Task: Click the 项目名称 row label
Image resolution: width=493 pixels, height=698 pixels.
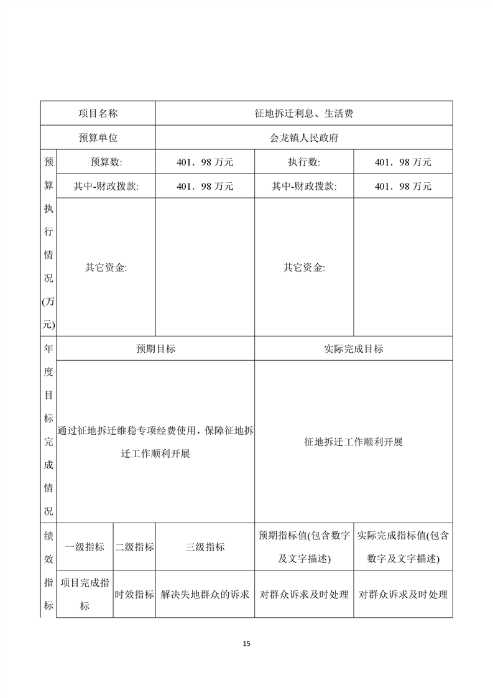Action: pyautogui.click(x=98, y=113)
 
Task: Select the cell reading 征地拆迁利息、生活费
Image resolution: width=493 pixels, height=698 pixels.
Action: pyautogui.click(x=304, y=113)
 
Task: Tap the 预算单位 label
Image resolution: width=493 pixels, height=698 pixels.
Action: pyautogui.click(x=98, y=137)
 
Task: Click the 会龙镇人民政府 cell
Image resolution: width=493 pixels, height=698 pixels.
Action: pyautogui.click(x=304, y=137)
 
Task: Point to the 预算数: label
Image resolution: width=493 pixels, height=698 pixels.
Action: pyautogui.click(x=106, y=162)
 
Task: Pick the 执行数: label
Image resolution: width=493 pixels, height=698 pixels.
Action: pyautogui.click(x=304, y=162)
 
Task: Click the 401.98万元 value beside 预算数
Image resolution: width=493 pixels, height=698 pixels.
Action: pyautogui.click(x=205, y=162)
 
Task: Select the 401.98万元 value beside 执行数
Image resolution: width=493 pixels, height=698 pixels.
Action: pyautogui.click(x=403, y=162)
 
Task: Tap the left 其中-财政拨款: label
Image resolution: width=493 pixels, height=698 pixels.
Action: pyautogui.click(x=106, y=186)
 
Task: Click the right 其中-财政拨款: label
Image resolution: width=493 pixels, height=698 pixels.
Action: pyautogui.click(x=304, y=186)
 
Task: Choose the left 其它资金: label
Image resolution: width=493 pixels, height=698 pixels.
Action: pyautogui.click(x=106, y=268)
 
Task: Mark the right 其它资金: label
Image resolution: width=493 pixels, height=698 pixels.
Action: pyautogui.click(x=304, y=268)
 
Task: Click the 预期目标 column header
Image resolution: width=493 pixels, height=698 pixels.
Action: pyautogui.click(x=155, y=348)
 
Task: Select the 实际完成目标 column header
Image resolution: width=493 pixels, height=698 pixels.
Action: pyautogui.click(x=354, y=348)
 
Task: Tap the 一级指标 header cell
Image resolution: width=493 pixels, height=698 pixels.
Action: pyautogui.click(x=85, y=547)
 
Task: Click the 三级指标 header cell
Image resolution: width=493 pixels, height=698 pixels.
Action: pyautogui.click(x=205, y=547)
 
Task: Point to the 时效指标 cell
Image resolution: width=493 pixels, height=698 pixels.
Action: pyautogui.click(x=134, y=594)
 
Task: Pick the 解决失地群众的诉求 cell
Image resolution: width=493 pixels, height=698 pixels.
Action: pyautogui.click(x=205, y=594)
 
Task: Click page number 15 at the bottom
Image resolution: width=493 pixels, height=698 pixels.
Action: pyautogui.click(x=247, y=643)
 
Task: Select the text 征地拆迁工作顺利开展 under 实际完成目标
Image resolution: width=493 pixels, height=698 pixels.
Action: pyautogui.click(x=354, y=442)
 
